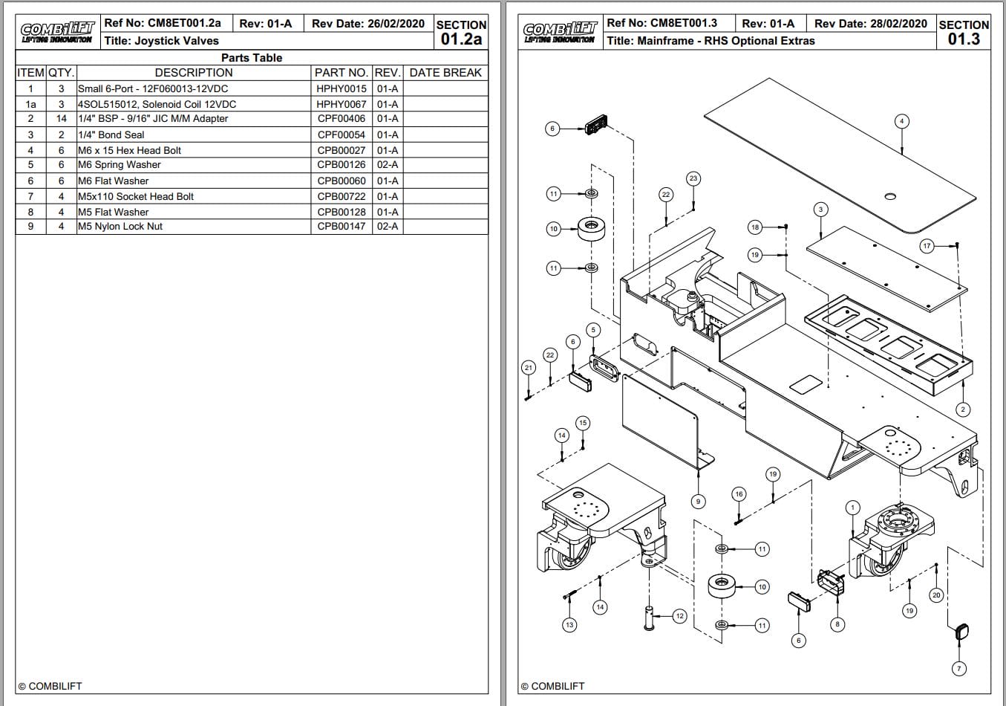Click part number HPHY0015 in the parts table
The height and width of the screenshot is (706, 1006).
point(342,88)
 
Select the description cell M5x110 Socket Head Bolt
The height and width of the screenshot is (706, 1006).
point(136,196)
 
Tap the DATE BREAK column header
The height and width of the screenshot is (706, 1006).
point(445,72)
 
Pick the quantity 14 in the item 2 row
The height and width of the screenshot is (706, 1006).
point(61,118)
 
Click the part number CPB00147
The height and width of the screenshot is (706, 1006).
point(342,226)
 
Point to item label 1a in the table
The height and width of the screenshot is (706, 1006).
point(30,104)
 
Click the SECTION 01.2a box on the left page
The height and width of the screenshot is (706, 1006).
point(461,33)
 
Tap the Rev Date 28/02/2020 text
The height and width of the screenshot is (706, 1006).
point(870,24)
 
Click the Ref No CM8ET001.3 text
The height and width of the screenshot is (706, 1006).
point(662,23)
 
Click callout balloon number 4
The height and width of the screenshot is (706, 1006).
point(901,121)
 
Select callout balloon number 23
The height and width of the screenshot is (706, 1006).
point(693,178)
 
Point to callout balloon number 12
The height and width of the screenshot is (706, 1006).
point(679,615)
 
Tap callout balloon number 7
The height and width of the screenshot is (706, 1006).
point(958,668)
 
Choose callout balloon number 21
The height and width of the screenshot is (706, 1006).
point(528,367)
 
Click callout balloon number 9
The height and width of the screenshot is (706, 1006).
point(698,501)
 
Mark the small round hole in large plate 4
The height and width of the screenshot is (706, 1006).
point(891,197)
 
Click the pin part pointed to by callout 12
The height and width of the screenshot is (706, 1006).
point(650,618)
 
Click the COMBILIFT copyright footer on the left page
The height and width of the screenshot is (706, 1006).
point(50,686)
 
